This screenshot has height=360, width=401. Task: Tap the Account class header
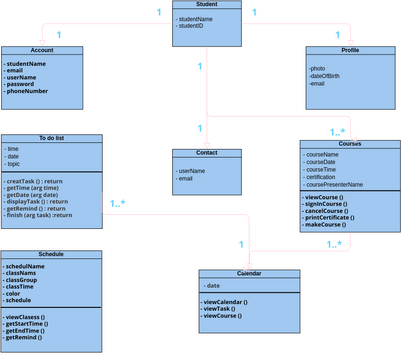pos(41,50)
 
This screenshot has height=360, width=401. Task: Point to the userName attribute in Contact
pos(192,171)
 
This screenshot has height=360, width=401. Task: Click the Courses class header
pos(350,144)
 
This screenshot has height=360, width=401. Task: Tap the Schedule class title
pos(50,254)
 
